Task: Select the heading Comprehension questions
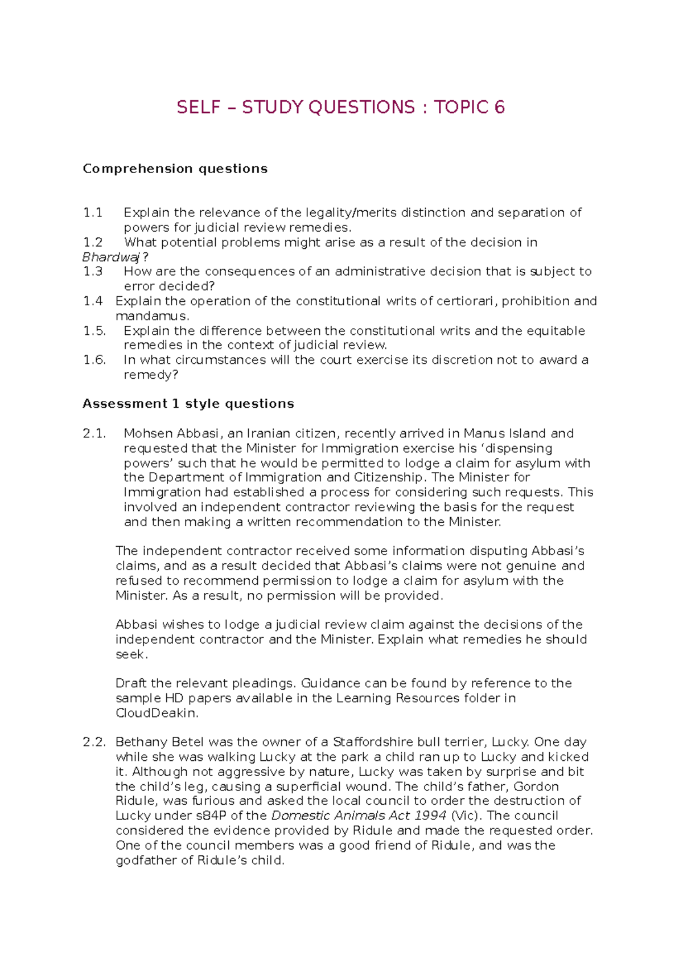tap(175, 169)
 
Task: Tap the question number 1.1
tap(93, 212)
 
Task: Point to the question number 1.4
tap(93, 301)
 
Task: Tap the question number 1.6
tap(94, 360)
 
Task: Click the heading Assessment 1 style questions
tap(188, 404)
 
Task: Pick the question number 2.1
tap(94, 433)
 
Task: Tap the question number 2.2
tap(94, 742)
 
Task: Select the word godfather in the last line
tap(146, 860)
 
